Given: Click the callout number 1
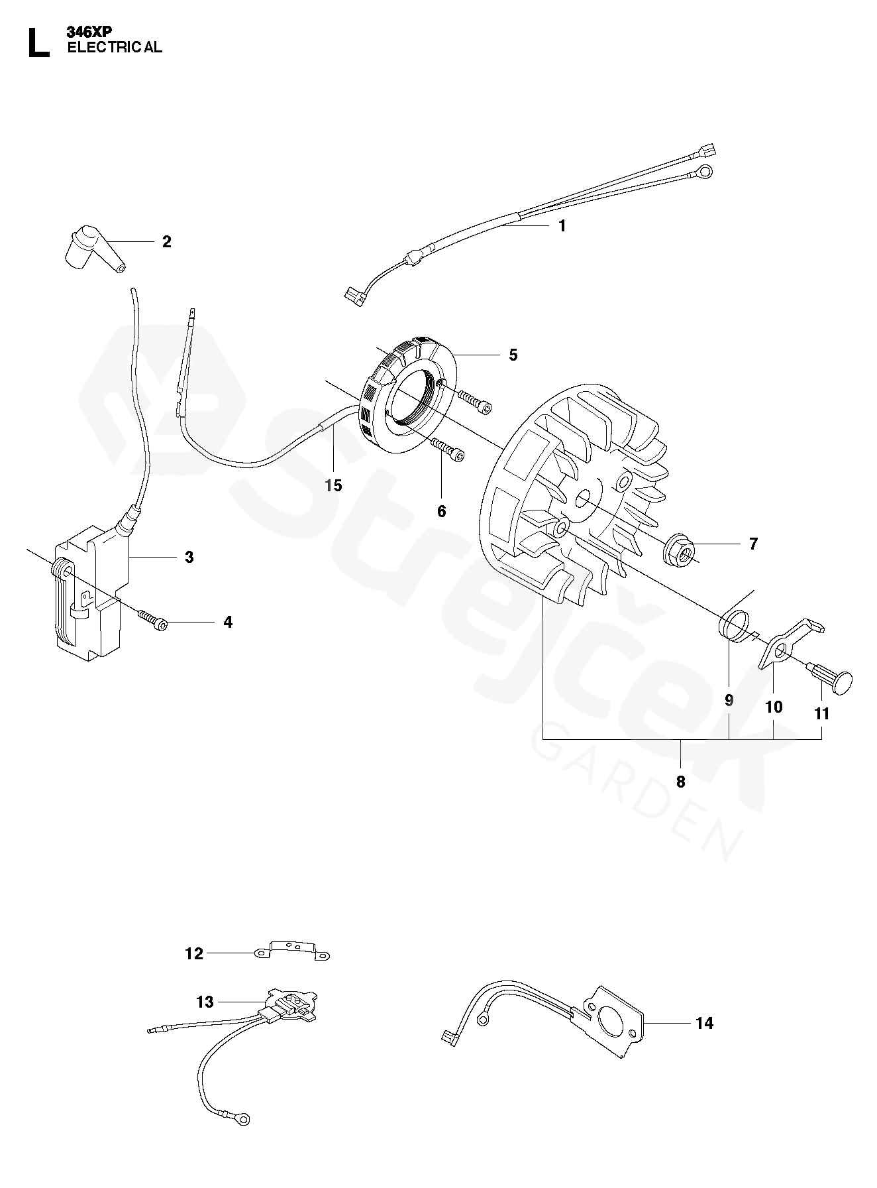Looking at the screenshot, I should (562, 226).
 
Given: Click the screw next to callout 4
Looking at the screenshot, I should (154, 621).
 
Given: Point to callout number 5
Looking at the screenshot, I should (513, 355).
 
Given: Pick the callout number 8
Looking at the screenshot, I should (680, 782).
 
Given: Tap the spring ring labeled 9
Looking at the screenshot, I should (733, 626).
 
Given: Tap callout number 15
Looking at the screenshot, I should (333, 486).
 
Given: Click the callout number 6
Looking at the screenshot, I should (442, 511).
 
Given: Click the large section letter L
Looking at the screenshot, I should (38, 43).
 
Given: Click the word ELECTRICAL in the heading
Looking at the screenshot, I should (114, 47).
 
